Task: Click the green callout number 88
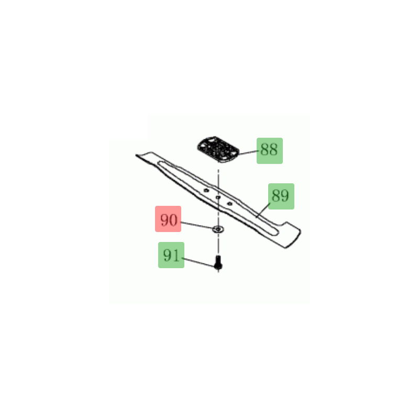269,150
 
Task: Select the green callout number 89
281,196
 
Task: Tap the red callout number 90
168,219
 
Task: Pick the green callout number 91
171,255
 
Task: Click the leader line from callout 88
248,152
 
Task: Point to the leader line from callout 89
263,211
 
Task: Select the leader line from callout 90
197,225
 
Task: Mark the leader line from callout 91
200,262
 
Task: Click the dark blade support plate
218,149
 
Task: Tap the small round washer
218,229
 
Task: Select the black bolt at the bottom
218,262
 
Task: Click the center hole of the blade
218,197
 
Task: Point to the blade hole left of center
206,190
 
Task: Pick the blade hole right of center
229,204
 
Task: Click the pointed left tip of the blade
136,155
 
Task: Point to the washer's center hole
218,229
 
